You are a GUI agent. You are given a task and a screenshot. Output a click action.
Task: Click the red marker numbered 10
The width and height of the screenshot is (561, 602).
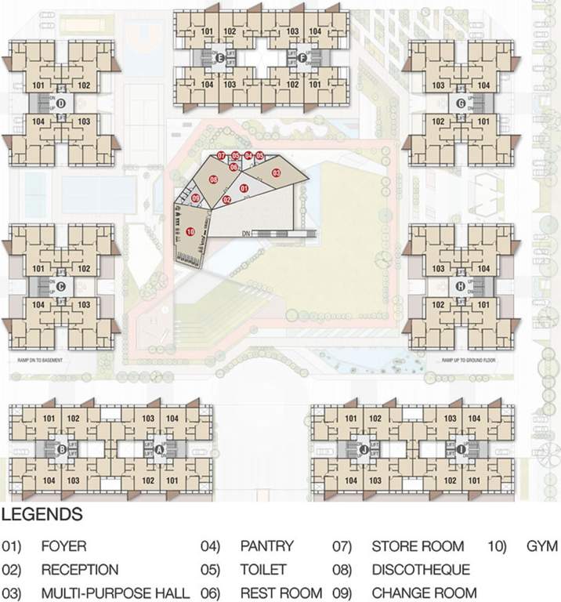tap(190, 232)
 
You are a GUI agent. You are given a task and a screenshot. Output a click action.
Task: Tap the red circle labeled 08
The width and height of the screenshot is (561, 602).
tap(213, 180)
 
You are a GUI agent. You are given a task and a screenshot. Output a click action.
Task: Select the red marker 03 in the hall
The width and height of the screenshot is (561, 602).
tap(276, 172)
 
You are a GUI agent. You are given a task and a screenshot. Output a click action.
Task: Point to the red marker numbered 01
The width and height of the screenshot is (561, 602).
tap(244, 188)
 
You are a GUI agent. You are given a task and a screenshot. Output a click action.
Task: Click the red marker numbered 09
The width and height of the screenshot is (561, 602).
tap(196, 199)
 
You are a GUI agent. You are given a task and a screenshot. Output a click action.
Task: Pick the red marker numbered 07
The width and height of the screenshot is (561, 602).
tap(222, 155)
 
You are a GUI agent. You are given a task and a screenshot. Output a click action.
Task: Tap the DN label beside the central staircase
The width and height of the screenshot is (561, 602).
tap(245, 233)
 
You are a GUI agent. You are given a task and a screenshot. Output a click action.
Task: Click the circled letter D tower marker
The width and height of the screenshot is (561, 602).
tap(60, 103)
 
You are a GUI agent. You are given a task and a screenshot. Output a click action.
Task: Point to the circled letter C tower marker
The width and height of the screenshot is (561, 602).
tap(60, 286)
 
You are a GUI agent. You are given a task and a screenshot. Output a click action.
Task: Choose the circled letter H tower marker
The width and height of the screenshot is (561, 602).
tap(461, 286)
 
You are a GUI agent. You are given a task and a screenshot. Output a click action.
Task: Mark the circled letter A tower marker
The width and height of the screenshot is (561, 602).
tap(159, 449)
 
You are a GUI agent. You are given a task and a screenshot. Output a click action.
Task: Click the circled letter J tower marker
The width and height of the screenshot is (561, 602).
tap(365, 449)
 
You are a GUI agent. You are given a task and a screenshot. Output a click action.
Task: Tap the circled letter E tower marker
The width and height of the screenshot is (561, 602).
tap(220, 58)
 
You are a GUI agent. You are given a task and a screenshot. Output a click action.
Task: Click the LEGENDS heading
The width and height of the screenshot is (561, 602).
tap(42, 515)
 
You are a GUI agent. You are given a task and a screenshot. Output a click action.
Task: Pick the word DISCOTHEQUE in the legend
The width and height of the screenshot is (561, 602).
tap(421, 570)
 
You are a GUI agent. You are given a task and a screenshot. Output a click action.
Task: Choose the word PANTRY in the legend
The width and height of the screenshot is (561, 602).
tap(266, 546)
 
